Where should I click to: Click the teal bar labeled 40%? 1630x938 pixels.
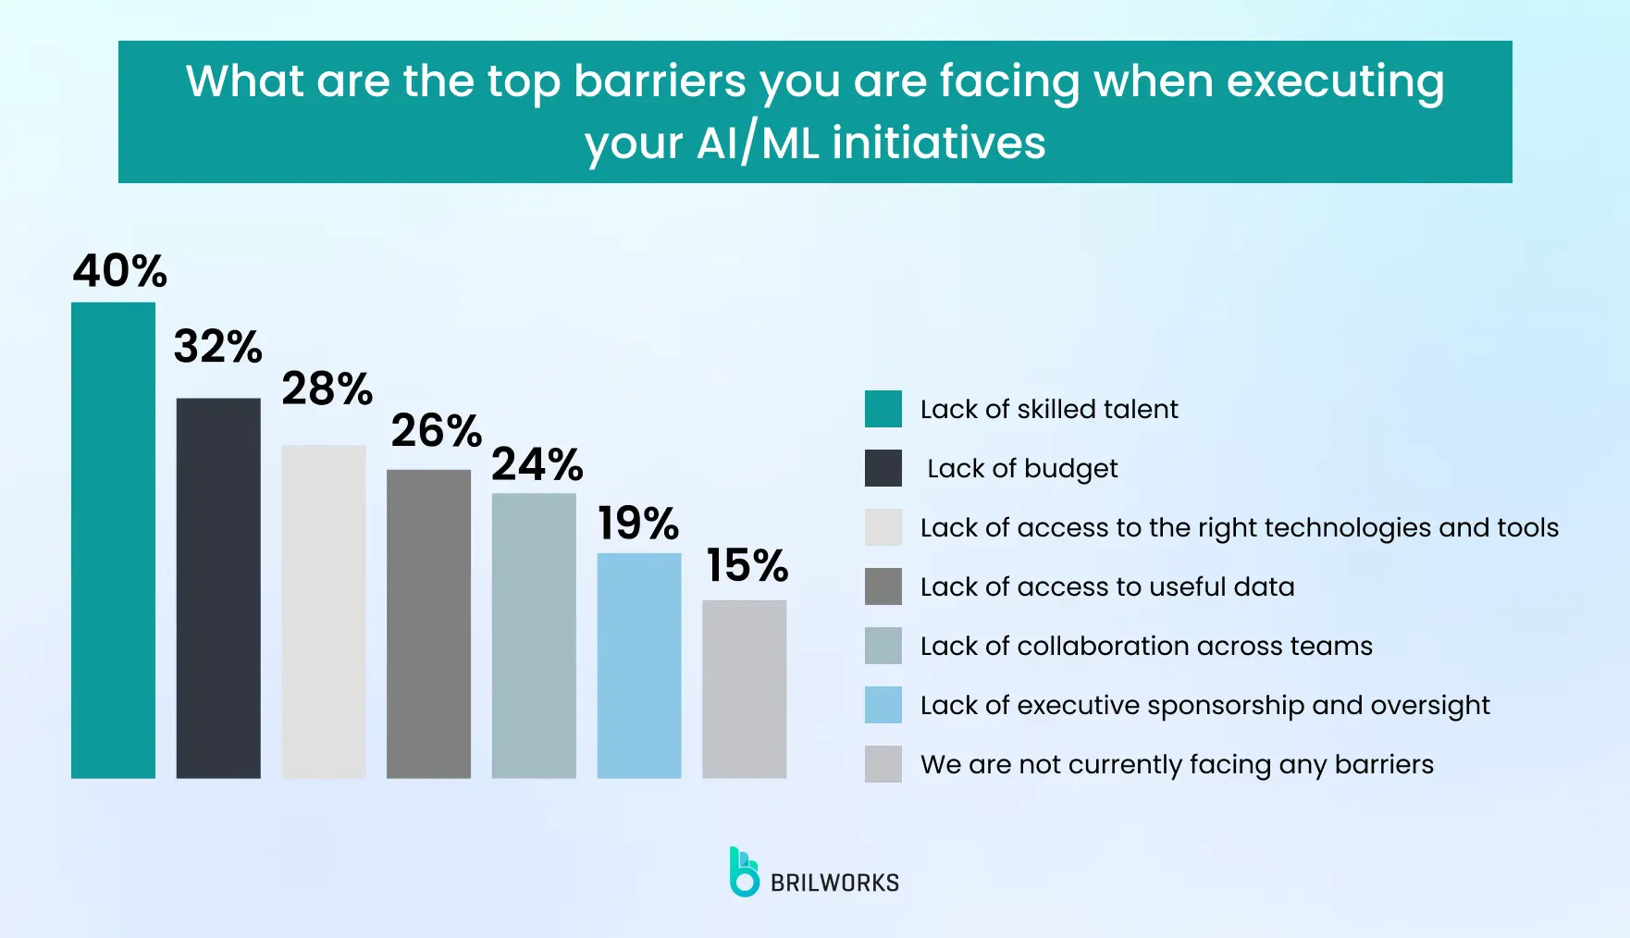tap(113, 540)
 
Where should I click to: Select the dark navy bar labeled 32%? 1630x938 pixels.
tap(218, 588)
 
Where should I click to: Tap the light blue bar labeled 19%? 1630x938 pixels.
tap(639, 666)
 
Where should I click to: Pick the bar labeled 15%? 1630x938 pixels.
tap(745, 689)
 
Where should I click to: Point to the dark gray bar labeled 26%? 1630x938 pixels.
tap(428, 624)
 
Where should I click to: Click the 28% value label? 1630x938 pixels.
tap(327, 389)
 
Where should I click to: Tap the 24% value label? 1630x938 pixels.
tap(537, 464)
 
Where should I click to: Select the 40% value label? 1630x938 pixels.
tap(120, 271)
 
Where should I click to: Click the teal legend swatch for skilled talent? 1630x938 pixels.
tap(883, 409)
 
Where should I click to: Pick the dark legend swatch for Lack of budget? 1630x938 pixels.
tap(883, 468)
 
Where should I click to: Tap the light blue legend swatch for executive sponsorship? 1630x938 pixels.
tap(883, 705)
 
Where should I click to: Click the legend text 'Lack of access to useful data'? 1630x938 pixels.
tap(1107, 586)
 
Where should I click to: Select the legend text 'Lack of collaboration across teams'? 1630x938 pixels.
tap(1146, 646)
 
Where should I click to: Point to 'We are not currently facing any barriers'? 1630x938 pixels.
tap(1177, 765)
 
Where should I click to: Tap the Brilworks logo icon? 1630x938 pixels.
tap(744, 871)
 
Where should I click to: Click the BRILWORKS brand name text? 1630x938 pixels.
tap(834, 882)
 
